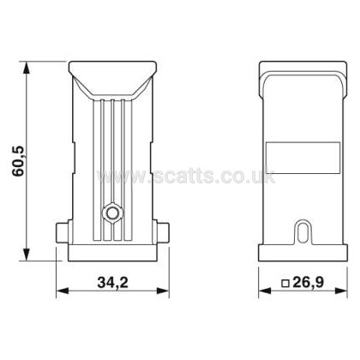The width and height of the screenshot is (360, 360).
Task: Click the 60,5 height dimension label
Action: click(x=20, y=161)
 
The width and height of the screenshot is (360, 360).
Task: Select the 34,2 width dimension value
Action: click(x=113, y=283)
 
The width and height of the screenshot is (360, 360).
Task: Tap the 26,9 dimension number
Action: click(x=309, y=283)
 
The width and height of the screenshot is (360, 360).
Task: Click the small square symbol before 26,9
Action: click(x=285, y=284)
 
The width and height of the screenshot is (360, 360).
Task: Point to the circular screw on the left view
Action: click(x=113, y=213)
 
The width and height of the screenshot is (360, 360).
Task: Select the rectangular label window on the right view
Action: click(x=303, y=158)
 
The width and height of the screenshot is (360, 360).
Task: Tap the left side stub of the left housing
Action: click(x=63, y=233)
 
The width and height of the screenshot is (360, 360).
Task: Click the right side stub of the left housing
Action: click(x=162, y=233)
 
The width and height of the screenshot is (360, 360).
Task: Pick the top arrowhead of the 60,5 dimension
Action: click(x=27, y=68)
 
